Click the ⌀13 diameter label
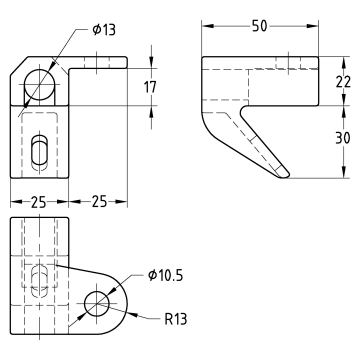pos(104,30)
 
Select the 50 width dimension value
pos(260,26)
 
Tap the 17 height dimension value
pos(150,87)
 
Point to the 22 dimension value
pos(343,82)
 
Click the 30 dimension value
pos(343,138)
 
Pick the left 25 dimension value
pos(38,202)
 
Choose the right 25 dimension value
pos(99,202)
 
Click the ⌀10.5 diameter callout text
pos(166,276)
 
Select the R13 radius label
pos(176,319)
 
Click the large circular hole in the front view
pos(39,85)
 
